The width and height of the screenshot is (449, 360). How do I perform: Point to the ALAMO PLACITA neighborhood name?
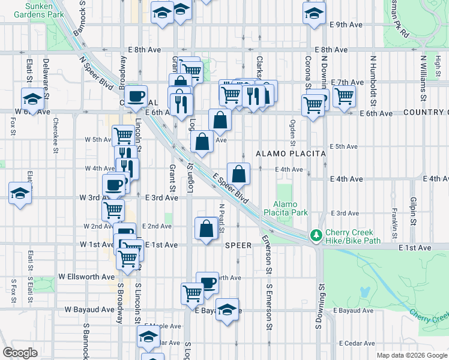pyautogui.click(x=291, y=154)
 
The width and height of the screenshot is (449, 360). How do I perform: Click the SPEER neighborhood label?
pyautogui.click(x=238, y=245)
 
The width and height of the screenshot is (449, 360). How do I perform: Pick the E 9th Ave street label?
pyautogui.click(x=347, y=25)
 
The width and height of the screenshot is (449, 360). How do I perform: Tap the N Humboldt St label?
pyautogui.click(x=373, y=79)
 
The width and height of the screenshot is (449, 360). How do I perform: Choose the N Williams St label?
pyautogui.click(x=423, y=79)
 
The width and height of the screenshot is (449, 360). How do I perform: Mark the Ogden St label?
pyautogui.click(x=293, y=133)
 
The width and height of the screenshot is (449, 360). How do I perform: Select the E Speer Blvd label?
pyautogui.click(x=231, y=188)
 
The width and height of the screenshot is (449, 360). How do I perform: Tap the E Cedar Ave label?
pyautogui.click(x=358, y=343)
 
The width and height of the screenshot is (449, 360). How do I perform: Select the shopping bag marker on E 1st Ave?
pyautogui.click(x=206, y=229)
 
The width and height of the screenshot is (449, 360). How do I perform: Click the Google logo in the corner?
pyautogui.click(x=20, y=353)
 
